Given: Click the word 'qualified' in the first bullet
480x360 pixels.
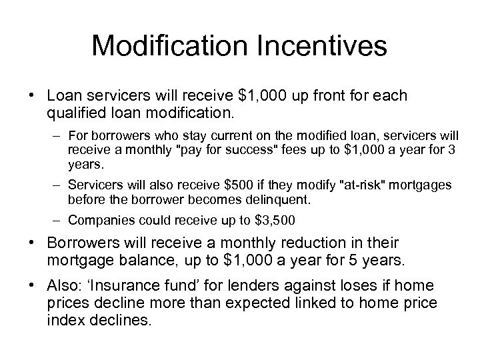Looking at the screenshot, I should coord(74,113).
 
